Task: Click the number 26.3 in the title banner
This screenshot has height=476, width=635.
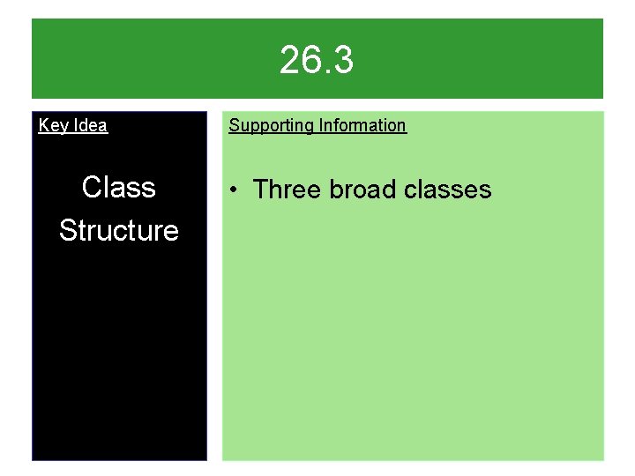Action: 317,61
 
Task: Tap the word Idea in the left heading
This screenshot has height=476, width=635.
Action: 90,126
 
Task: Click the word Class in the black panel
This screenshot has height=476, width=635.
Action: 118,188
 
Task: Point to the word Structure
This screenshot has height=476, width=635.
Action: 118,231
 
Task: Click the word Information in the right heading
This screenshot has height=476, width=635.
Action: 362,125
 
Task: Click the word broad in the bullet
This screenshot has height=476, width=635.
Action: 362,190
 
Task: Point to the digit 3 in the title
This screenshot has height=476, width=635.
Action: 343,61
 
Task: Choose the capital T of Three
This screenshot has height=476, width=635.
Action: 262,190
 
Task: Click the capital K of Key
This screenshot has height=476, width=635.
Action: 44,125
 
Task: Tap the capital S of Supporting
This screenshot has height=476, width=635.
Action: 234,125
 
